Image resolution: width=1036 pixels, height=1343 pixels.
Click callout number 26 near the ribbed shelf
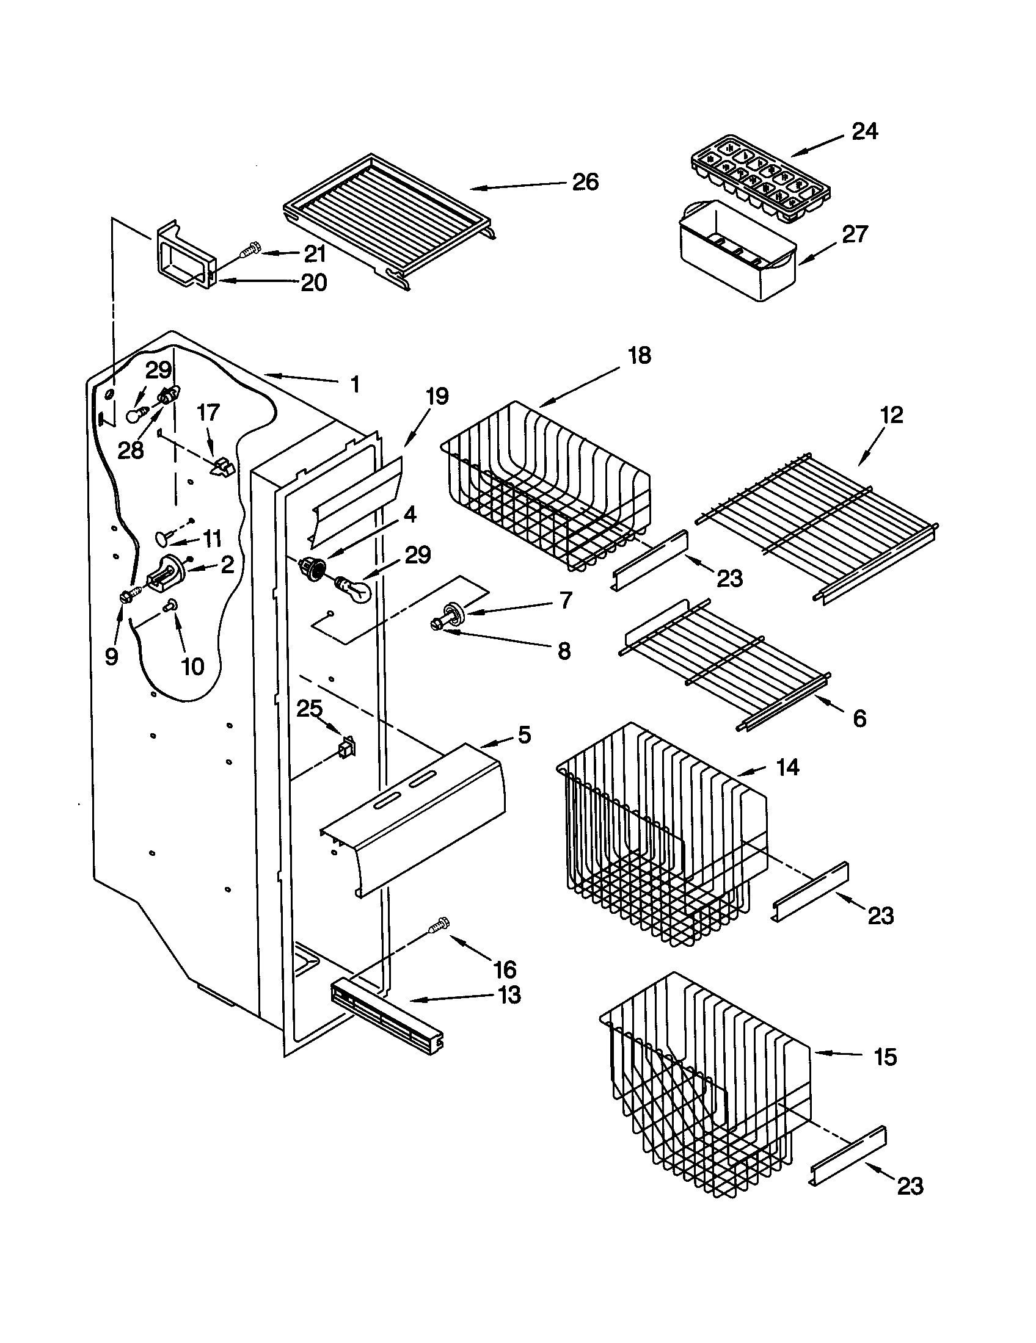pos(585,182)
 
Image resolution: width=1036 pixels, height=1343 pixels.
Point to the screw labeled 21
pos(249,252)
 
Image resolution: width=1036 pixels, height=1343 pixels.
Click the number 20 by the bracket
pos(313,283)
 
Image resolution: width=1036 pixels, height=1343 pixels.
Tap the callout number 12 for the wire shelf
pos(891,415)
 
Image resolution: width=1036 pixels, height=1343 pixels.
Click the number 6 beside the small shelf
pos(859,718)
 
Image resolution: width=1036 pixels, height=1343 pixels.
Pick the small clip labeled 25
pos(348,747)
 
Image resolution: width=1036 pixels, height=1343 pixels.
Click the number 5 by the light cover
pos(524,734)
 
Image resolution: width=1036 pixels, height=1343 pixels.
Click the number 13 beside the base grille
pos(509,994)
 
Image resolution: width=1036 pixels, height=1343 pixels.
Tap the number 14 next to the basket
pos(787,767)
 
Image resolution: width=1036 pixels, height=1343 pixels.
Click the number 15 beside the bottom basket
pos(885,1057)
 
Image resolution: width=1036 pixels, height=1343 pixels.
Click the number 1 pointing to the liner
pos(354,385)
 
